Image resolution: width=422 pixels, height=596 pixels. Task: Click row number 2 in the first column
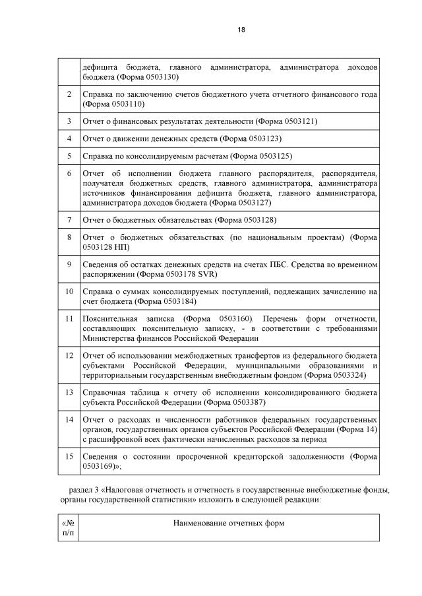pos(69,94)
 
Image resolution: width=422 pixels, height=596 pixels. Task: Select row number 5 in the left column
pos(69,156)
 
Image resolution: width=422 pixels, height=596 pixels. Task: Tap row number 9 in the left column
pos(69,264)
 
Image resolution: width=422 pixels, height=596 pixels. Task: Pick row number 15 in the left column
pos(69,456)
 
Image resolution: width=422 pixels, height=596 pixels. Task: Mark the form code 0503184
pos(182,301)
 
